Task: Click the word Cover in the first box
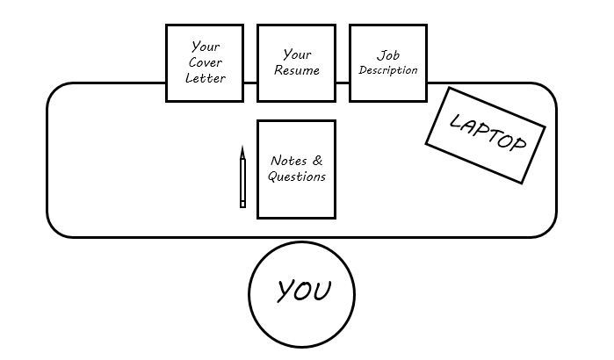coord(205,62)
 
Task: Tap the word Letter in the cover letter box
coord(205,78)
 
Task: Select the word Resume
coord(296,70)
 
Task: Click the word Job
coord(387,54)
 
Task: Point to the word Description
coord(387,70)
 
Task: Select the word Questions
coord(296,176)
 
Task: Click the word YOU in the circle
coord(302,291)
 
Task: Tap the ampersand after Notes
coord(317,161)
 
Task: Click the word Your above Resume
coord(297,54)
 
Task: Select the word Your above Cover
coord(205,47)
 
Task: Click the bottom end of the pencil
coord(242,205)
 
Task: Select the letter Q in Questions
coord(273,176)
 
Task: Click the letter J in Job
coord(379,54)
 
